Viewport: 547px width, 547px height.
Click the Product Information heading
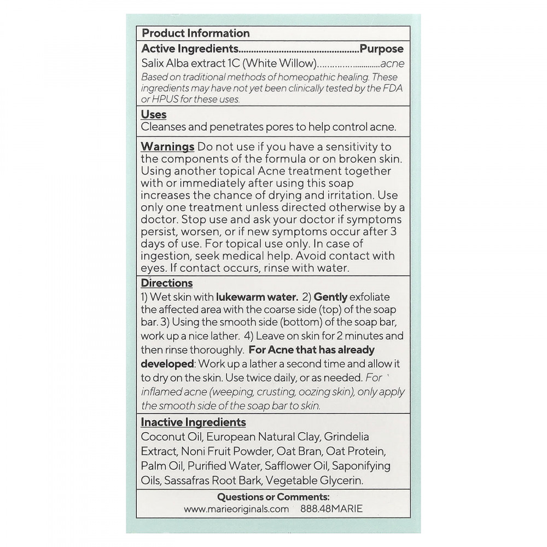click(x=195, y=33)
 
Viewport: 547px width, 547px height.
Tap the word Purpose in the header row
click(x=381, y=49)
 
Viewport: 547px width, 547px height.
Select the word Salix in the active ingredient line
click(x=153, y=63)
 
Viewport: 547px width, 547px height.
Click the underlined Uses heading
click(x=154, y=114)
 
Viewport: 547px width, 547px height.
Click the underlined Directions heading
click(x=167, y=283)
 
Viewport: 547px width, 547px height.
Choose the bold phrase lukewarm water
click(x=257, y=298)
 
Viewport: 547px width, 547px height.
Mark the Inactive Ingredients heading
click(x=193, y=422)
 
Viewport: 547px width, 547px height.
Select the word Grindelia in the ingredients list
click(x=346, y=437)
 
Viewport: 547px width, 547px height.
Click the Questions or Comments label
click(x=273, y=497)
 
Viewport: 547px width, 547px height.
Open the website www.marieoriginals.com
click(x=236, y=509)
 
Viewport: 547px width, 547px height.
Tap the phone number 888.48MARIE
click(x=331, y=509)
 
